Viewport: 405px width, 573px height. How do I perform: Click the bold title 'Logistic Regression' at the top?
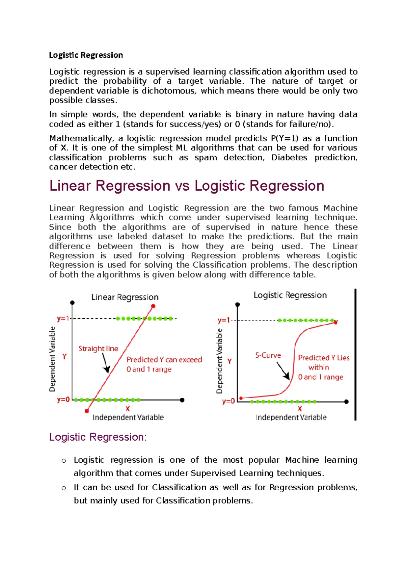(86, 55)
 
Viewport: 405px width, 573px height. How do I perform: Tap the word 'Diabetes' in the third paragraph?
(289, 158)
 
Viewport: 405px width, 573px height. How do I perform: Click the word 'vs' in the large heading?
(182, 186)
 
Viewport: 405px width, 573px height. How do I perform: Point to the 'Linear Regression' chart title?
(125, 297)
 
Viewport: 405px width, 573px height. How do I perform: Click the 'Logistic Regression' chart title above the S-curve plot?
(290, 295)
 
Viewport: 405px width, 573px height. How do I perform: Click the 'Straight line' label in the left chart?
(98, 349)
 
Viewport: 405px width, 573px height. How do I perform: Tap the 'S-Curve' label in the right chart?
(268, 355)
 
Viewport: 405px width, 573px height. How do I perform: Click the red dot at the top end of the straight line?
(153, 306)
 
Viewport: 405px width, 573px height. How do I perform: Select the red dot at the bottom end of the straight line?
(87, 411)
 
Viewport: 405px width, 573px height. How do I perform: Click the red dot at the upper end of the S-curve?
(335, 323)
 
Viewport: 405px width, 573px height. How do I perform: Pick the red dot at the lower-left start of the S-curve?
(241, 399)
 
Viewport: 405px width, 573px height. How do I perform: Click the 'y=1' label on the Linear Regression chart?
(63, 319)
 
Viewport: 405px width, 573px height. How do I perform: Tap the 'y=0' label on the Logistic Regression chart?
(228, 401)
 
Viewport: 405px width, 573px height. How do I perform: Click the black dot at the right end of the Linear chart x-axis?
(182, 400)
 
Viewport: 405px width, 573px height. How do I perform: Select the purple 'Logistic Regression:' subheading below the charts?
(98, 437)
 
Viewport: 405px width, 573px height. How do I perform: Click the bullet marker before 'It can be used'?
(64, 488)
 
